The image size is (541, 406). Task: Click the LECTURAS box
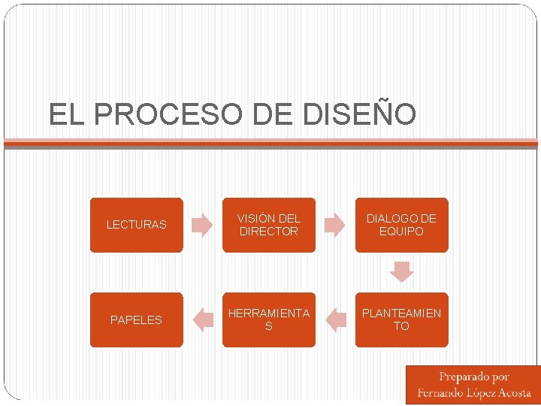[136, 225]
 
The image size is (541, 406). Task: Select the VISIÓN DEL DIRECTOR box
[269, 225]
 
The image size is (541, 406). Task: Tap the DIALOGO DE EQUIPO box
[401, 225]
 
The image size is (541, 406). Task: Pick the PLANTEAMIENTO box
[401, 320]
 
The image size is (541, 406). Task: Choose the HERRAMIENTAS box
[269, 320]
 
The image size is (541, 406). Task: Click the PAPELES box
[136, 320]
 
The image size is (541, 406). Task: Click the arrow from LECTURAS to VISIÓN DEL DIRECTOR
[202, 225]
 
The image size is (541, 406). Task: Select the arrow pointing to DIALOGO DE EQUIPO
[335, 225]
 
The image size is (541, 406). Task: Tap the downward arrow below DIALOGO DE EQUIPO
[402, 271]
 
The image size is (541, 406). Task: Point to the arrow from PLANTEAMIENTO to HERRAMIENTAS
[335, 320]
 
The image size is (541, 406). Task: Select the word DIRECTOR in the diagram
[269, 232]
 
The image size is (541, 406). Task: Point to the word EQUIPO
[401, 232]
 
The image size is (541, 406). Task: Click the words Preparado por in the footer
[474, 377]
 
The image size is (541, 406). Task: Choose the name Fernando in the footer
[440, 392]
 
